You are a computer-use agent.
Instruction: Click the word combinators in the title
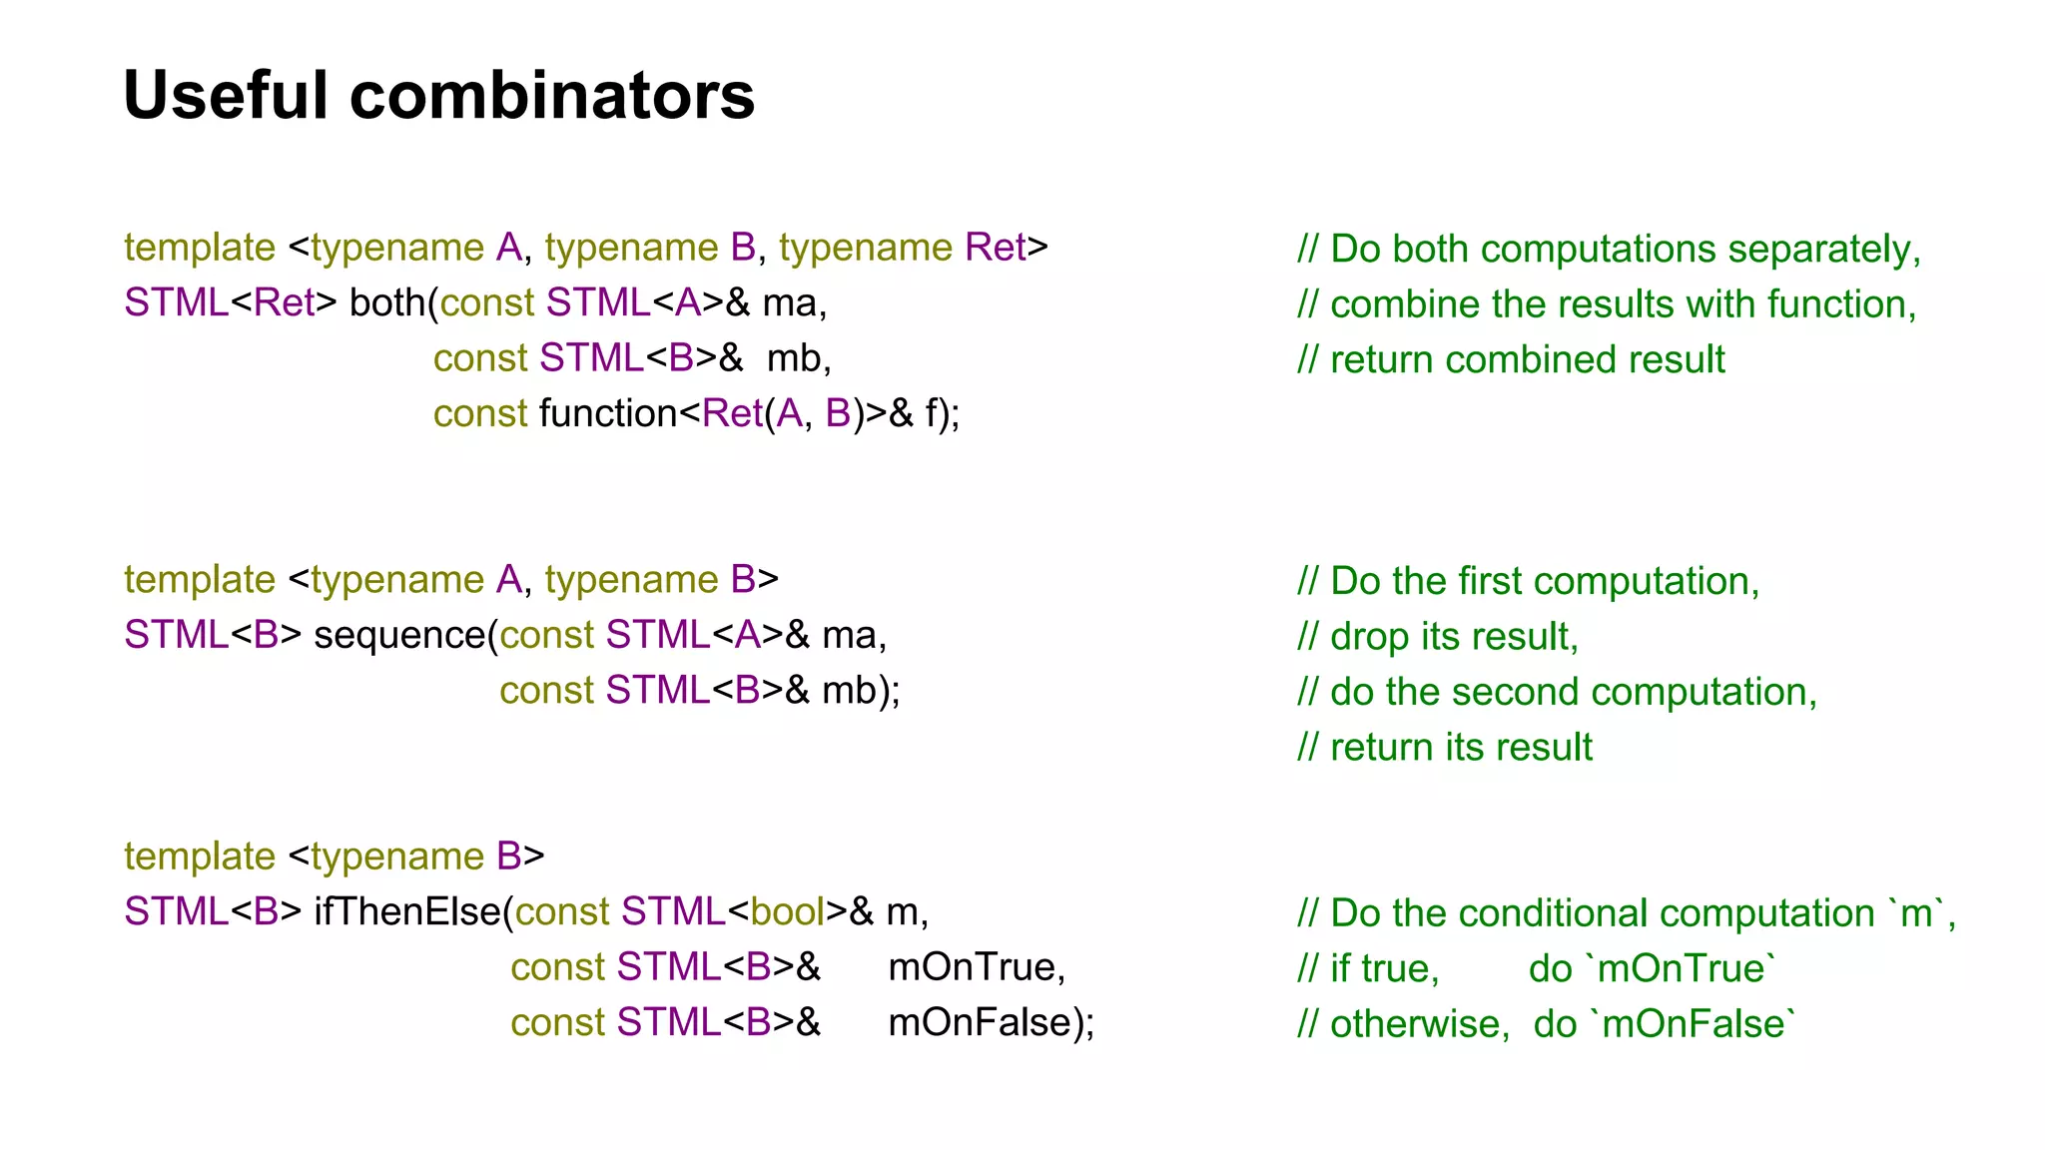point(552,96)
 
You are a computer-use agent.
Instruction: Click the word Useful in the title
point(226,96)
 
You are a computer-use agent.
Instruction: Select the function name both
point(388,302)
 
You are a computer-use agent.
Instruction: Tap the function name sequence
point(399,635)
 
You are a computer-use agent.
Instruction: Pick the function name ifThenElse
point(407,911)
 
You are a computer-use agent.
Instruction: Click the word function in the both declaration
point(609,413)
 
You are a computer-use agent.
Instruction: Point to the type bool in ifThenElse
point(787,911)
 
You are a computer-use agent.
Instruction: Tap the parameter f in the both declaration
point(931,413)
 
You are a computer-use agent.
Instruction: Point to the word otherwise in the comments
point(1419,1024)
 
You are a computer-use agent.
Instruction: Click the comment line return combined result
point(1511,359)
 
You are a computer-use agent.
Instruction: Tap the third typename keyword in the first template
point(865,248)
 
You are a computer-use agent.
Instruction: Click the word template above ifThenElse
point(199,857)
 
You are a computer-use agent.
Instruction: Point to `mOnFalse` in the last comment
point(1693,1024)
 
